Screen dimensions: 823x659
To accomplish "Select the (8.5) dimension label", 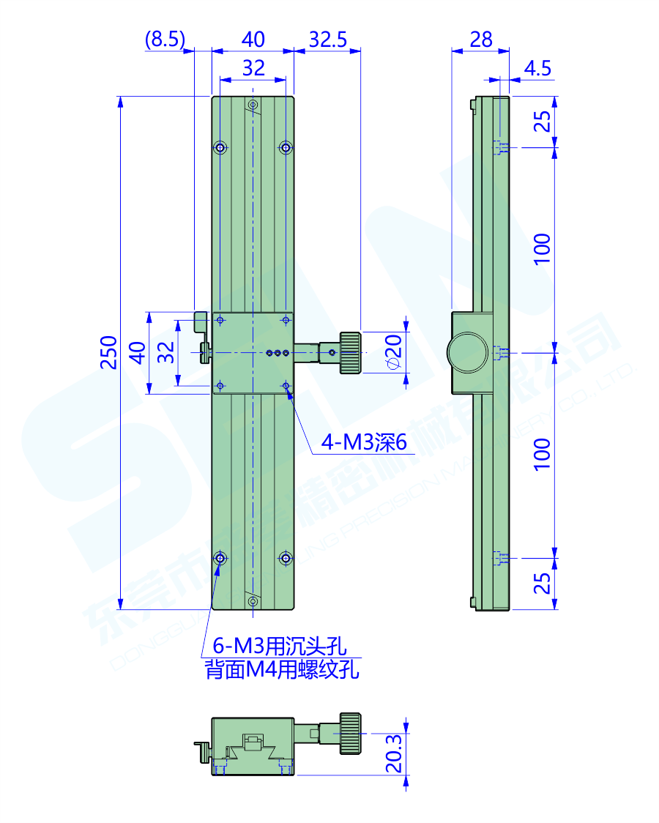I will [x=165, y=40].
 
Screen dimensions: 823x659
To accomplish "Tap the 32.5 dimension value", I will [x=327, y=40].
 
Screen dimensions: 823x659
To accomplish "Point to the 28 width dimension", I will [x=480, y=40].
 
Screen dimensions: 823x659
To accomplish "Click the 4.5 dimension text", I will [x=537, y=69].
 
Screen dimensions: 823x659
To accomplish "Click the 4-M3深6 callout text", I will [x=364, y=442].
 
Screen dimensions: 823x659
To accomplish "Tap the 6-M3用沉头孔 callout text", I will [x=279, y=646].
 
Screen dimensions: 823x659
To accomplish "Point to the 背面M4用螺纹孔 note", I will [x=283, y=670].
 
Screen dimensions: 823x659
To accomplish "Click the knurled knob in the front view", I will [x=351, y=353].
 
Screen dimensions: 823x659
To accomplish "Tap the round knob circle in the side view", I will [x=467, y=352].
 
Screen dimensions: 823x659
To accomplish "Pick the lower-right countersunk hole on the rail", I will [x=286, y=559].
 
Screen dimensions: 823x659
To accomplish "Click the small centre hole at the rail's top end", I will [x=253, y=105].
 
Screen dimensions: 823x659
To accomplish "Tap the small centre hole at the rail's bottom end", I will [x=253, y=601].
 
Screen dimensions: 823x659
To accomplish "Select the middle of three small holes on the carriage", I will [x=278, y=354].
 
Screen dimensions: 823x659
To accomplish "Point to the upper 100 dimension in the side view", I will [x=541, y=250].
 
